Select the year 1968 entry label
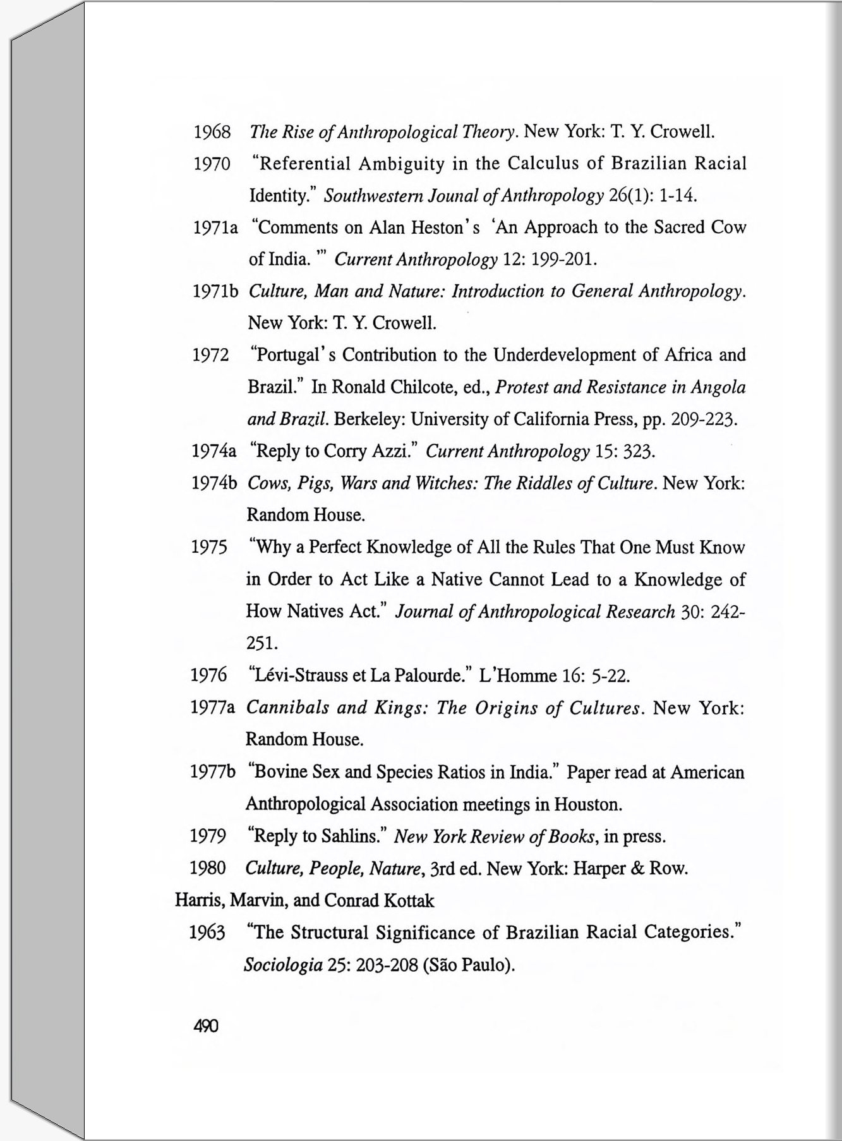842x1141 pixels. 212,132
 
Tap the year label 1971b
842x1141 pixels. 215,291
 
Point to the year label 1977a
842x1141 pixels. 212,708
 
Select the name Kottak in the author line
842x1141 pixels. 410,900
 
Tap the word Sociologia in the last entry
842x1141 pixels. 283,965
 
